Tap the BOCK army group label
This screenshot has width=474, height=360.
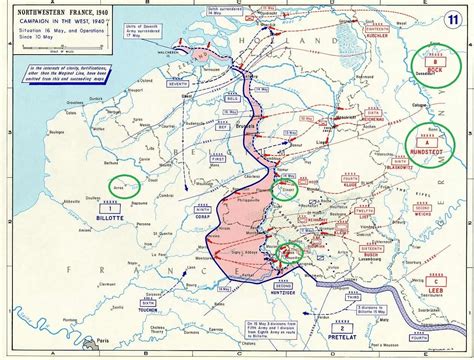coord(431,71)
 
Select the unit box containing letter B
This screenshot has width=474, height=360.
coord(431,60)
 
